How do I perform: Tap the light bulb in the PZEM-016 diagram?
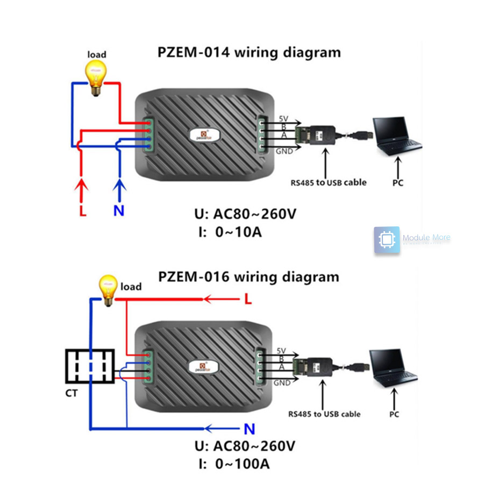(108, 291)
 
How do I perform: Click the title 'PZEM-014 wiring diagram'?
(248, 53)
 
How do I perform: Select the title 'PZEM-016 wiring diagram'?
(248, 277)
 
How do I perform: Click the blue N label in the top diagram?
(119, 211)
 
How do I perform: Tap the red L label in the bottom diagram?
(248, 300)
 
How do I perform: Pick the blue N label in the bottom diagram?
(249, 429)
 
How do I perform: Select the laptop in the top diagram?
(397, 136)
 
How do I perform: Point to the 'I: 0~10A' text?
(231, 232)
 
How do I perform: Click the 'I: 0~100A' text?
(234, 463)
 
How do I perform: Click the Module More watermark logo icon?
(387, 239)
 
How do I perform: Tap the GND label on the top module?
(284, 152)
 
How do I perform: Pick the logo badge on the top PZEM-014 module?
(203, 133)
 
